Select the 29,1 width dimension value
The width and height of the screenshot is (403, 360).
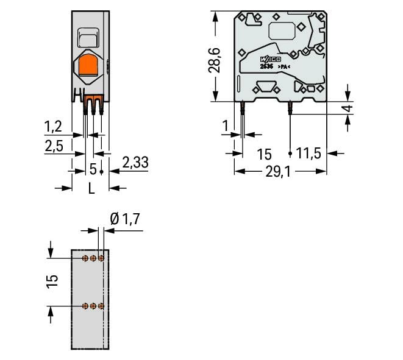[x=278, y=172]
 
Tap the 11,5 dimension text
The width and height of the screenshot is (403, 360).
[x=309, y=154]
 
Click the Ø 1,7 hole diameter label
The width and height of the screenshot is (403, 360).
[x=126, y=219]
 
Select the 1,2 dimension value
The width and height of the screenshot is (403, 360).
[x=53, y=127]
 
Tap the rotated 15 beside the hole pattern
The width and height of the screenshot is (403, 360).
[x=52, y=280]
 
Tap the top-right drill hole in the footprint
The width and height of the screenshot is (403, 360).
[x=101, y=258]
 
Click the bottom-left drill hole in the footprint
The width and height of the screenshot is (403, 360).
[x=85, y=305]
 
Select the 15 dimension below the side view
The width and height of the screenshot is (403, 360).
[x=263, y=154]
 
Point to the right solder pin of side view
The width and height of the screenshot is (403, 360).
[x=290, y=108]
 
